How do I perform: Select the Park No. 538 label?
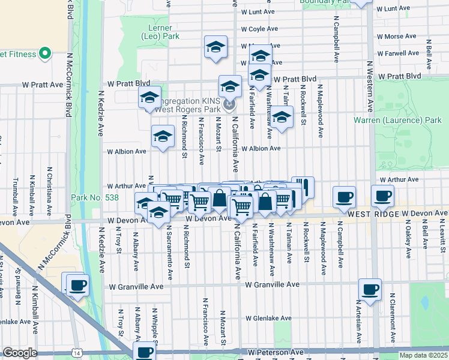point(95,197)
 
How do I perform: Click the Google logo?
point(20,353)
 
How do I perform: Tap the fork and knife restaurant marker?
point(303,187)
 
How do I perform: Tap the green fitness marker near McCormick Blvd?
point(45,54)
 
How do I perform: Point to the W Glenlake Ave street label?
point(268,319)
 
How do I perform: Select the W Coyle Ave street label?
point(261,29)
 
